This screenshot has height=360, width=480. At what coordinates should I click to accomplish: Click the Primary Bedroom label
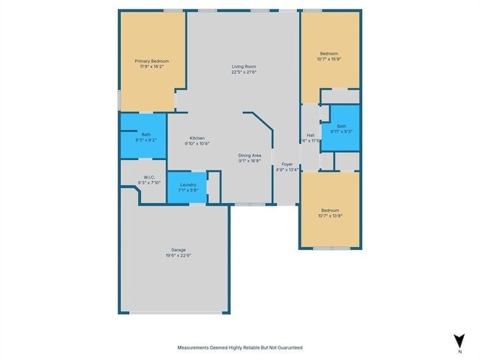151,60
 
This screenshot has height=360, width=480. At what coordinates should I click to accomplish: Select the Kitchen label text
196,138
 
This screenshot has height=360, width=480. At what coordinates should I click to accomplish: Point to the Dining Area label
250,155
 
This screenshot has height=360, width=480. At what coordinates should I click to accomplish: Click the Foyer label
287,164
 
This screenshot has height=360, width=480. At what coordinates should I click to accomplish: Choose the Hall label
311,135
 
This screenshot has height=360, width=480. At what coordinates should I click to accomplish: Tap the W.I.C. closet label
148,177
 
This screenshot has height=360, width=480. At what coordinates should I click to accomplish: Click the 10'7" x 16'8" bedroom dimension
329,59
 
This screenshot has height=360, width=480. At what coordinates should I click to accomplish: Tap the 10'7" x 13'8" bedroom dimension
329,215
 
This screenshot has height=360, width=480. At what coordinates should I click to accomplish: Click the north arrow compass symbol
459,339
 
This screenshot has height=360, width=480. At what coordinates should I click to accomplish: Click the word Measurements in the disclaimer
193,347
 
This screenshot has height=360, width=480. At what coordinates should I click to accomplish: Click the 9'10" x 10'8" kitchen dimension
196,143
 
